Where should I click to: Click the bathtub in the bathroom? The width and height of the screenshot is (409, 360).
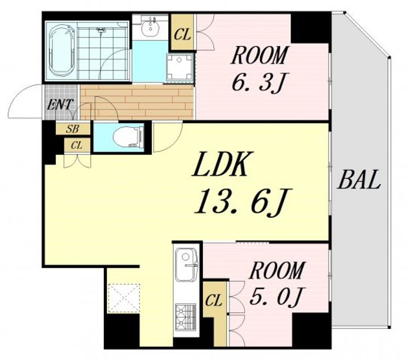[62, 51]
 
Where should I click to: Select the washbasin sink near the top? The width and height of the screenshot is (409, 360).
[150, 27]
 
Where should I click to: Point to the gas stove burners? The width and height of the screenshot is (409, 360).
[186, 316]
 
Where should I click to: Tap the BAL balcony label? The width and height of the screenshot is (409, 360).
[358, 179]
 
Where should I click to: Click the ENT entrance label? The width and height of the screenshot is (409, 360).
[59, 104]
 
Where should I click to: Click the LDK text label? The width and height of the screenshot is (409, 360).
[219, 164]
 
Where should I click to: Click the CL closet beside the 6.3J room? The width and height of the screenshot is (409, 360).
[182, 34]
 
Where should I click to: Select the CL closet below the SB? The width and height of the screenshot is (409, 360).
[77, 145]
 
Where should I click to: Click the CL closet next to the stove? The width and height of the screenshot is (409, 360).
[214, 301]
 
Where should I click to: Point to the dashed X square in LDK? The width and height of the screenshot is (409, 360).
[124, 298]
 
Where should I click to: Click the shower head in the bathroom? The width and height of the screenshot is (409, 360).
[101, 31]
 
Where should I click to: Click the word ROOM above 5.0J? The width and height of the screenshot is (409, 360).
[277, 270]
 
